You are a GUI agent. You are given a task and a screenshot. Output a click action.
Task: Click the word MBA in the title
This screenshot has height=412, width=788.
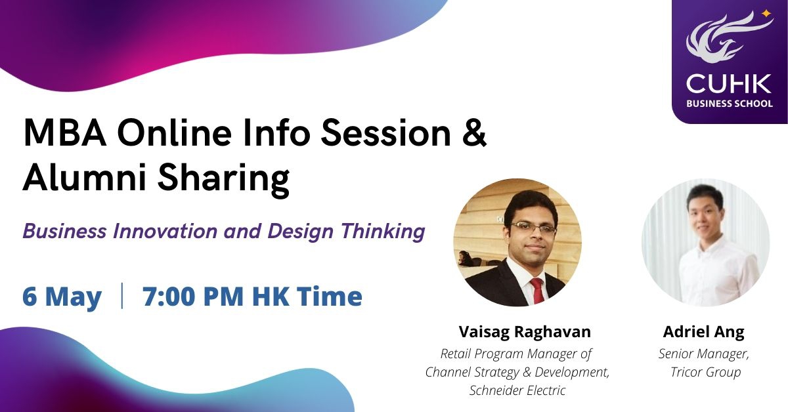[x=65, y=134]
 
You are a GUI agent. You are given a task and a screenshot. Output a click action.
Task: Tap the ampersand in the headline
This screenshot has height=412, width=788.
[x=475, y=134]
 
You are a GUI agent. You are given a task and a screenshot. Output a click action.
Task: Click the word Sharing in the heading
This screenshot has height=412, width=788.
[x=224, y=180]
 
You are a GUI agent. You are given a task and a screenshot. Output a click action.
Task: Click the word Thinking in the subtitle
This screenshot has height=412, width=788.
[x=383, y=232]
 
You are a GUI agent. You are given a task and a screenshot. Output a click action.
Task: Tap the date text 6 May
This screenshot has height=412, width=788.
[x=62, y=297]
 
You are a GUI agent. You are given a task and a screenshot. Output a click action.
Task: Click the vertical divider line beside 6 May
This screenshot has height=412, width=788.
[x=122, y=296]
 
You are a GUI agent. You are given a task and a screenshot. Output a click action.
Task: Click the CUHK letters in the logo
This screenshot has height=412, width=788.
[x=728, y=84]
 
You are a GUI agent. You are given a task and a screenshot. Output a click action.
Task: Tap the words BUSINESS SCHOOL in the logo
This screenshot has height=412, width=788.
[x=730, y=104]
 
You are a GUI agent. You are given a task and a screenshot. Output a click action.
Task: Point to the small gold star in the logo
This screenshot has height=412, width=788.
[x=766, y=14]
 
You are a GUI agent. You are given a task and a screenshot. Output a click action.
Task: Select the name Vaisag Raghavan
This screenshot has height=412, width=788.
[x=525, y=331]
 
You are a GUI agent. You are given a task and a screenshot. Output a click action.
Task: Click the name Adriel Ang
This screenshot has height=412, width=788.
[x=703, y=332]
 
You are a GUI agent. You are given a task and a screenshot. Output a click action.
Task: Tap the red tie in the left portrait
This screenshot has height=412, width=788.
[x=538, y=291]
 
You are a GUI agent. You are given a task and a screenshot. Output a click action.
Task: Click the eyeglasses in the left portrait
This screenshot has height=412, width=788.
[x=534, y=229]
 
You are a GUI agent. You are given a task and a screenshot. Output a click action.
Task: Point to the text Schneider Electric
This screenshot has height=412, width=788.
[x=517, y=390]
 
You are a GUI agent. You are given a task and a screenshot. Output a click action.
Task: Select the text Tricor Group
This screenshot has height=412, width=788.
[x=706, y=372]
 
